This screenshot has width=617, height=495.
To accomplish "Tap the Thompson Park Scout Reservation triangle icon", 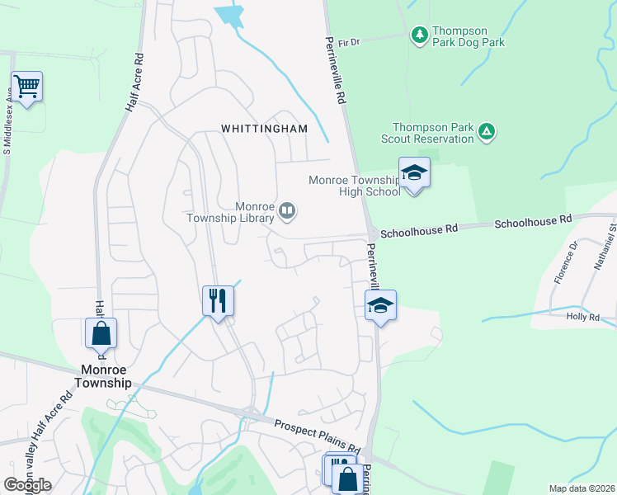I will pos(487,130).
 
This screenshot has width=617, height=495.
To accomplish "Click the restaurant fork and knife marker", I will pos(218,299).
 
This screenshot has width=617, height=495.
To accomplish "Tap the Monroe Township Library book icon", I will pos(287,211).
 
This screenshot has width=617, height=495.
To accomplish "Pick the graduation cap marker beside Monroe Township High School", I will pos(414,173).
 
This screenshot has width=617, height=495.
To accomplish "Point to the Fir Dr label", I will pos(349,42).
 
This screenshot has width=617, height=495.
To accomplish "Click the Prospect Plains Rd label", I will pos(318,436).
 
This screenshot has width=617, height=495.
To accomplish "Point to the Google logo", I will pos(27,485).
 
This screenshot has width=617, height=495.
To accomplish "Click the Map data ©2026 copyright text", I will pos(581,488).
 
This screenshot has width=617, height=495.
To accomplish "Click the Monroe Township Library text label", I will pos(242,212).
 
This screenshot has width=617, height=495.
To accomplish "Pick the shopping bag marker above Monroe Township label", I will pos(101,334).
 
